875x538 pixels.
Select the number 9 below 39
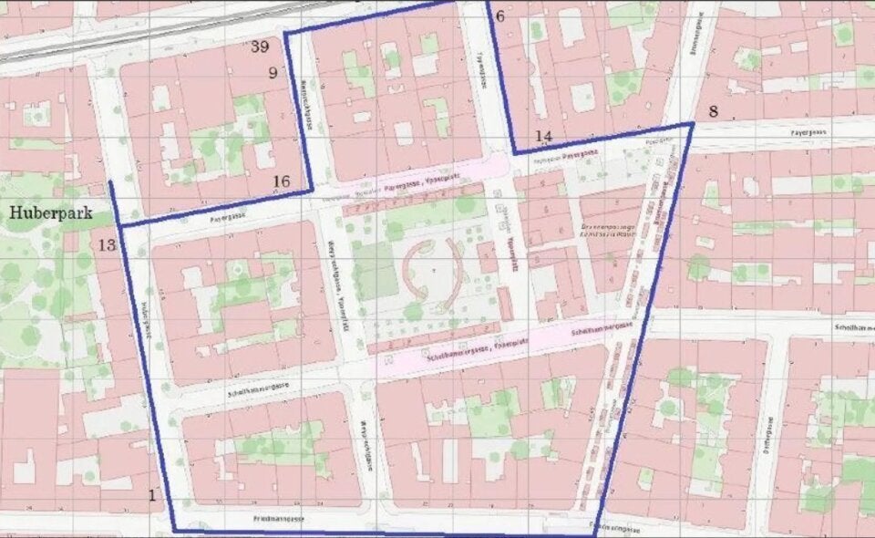[x=272, y=72]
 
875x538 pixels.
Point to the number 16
[x=281, y=182]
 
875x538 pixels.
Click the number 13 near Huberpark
[x=107, y=244]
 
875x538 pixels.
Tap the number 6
[x=499, y=16]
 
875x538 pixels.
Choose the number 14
[x=544, y=137]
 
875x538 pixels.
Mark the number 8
[x=713, y=112]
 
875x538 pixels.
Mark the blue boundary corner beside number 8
[x=692, y=124]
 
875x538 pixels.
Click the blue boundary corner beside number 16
[x=312, y=190]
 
